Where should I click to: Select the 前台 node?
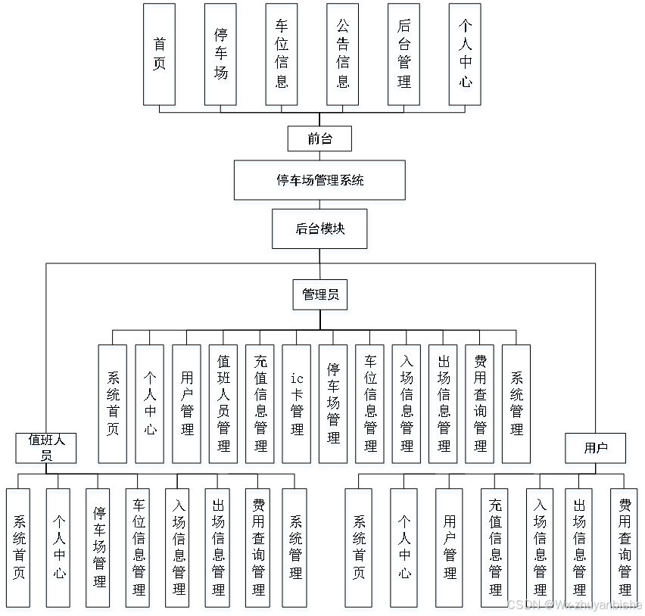tap(319, 138)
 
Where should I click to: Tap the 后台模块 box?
tap(319, 229)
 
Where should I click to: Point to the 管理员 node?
tap(319, 294)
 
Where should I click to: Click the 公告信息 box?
tap(343, 54)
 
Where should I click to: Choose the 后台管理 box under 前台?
tap(404, 54)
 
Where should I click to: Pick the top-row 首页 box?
tap(159, 54)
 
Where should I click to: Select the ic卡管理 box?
tap(297, 403)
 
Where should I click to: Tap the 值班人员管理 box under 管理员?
tap(223, 403)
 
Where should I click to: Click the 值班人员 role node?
tap(46, 446)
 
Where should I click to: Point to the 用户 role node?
tap(596, 448)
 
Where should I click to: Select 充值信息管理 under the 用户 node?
tap(495, 547)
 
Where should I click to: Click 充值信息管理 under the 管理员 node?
tap(260, 403)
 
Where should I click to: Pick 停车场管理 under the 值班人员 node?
tap(99, 547)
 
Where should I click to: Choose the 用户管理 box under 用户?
tap(450, 547)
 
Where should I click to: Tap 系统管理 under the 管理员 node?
tap(516, 403)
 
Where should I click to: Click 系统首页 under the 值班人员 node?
tap(18, 547)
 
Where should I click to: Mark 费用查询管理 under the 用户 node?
tap(625, 547)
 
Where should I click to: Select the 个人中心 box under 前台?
tap(465, 54)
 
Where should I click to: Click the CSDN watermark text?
tap(574, 605)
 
